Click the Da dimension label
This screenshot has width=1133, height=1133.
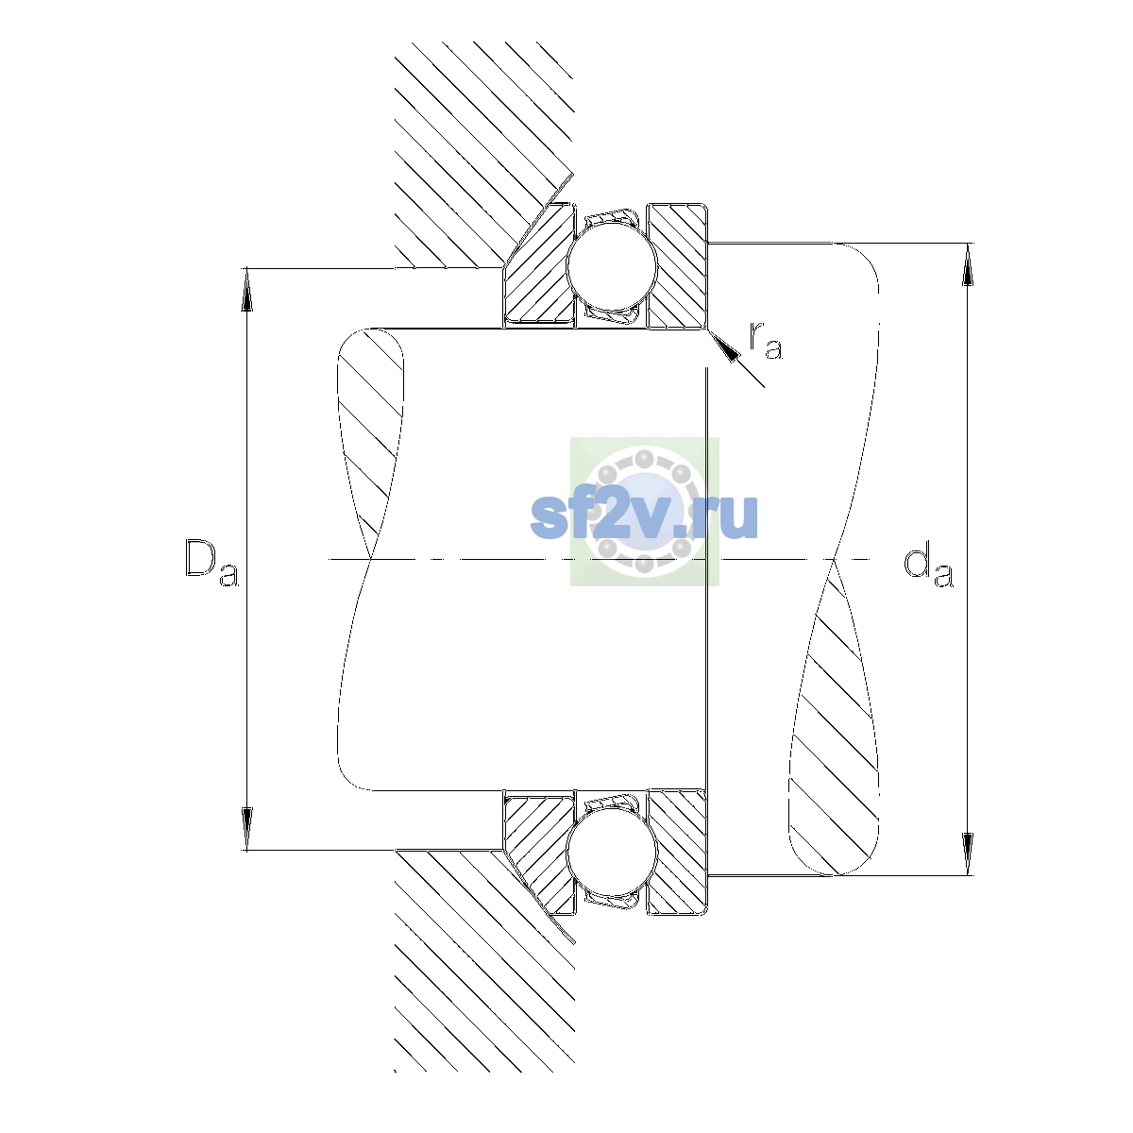[211, 564]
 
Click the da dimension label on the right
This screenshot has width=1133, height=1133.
[928, 566]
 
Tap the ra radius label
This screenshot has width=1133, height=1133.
[766, 341]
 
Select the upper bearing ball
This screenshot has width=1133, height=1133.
[612, 265]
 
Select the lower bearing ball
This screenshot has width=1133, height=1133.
[612, 852]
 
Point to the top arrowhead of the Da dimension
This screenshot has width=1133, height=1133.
[247, 289]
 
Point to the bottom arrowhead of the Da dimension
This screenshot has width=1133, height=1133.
[247, 829]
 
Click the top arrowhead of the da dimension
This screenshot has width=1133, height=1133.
[967, 264]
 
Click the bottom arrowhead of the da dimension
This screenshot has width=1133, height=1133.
[967, 854]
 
